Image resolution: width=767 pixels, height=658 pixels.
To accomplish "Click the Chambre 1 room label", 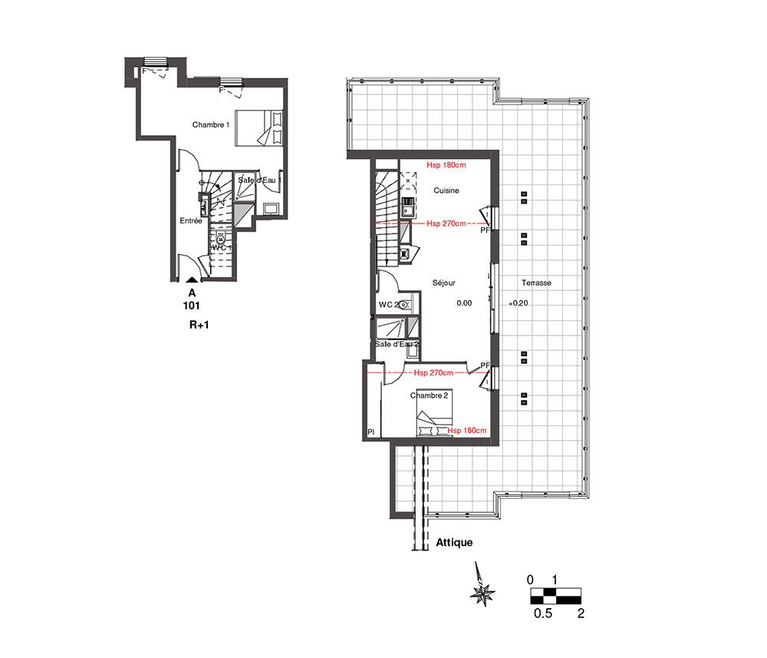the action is coord(210,125).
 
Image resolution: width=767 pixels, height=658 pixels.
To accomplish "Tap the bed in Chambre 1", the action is coord(258,127).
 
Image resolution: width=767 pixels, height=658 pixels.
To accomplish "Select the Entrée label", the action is coord(191,221).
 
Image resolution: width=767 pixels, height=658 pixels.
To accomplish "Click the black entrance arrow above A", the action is coord(192,280).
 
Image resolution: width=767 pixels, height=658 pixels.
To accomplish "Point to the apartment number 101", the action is coord(191,306).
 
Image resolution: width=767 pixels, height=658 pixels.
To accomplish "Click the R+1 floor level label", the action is coord(199,325).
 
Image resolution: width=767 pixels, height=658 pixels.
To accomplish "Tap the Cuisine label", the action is coord(446,190).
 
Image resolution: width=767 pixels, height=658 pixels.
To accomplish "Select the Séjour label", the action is coord(443,283).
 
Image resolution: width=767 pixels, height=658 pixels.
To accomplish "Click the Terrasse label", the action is coord(536,283).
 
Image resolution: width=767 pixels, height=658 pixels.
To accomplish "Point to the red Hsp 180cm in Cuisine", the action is coord(446,165).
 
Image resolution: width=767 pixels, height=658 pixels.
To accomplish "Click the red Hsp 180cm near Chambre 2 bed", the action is coord(467,430).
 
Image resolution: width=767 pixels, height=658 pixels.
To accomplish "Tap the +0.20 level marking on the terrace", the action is coord(518,303).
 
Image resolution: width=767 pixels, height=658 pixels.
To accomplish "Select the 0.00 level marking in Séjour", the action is coord(464,303).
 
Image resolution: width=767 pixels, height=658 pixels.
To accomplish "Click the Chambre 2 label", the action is coord(429,395).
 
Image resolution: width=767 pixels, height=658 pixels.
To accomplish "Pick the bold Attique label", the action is coord(454,543).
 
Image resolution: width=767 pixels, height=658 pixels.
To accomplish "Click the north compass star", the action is coord(482,593).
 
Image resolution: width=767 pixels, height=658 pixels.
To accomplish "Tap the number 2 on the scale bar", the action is coord(581,613).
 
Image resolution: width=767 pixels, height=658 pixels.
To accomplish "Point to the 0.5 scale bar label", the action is coord(543,613).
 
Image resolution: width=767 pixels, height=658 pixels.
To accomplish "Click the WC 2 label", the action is coord(388,305).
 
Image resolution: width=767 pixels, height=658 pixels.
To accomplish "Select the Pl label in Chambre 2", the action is coord(370,432).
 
